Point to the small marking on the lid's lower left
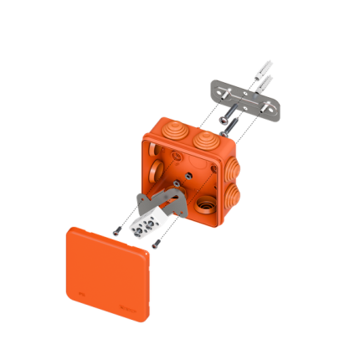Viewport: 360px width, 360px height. [x=80, y=294]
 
